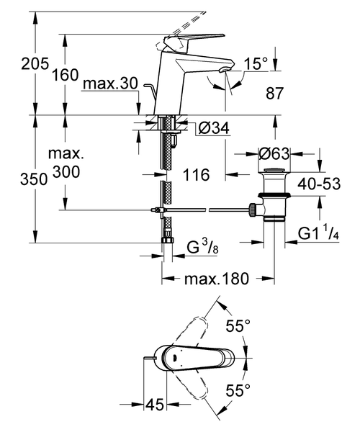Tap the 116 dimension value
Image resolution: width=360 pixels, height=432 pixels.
pyautogui.click(x=195, y=175)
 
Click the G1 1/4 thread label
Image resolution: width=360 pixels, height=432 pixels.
pyautogui.click(x=317, y=233)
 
